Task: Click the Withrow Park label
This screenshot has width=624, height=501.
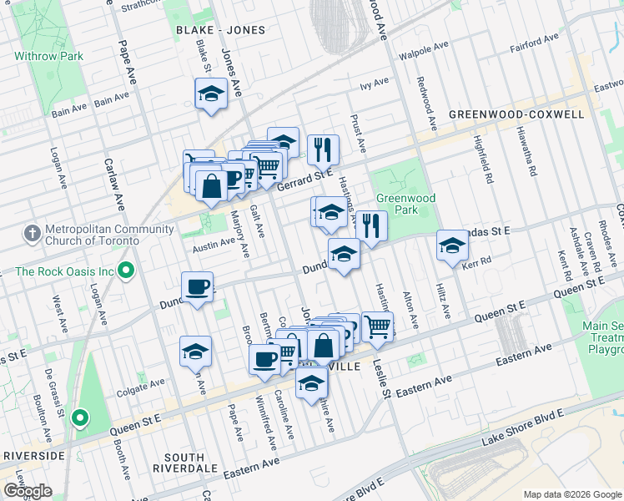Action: click(x=48, y=57)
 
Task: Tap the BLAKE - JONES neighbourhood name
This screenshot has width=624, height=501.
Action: click(x=220, y=30)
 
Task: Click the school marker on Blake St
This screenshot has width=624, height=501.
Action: click(x=212, y=94)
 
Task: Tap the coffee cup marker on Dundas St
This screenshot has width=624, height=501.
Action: click(x=197, y=288)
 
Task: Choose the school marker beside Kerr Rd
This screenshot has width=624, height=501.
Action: click(x=452, y=245)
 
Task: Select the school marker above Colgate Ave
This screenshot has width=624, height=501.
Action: click(x=195, y=352)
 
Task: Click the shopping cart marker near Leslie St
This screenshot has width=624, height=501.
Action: click(x=378, y=326)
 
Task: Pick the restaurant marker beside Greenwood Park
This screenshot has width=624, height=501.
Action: click(x=372, y=226)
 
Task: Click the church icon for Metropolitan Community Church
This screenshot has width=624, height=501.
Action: click(x=31, y=232)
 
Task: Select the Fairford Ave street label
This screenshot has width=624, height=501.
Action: click(x=535, y=40)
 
